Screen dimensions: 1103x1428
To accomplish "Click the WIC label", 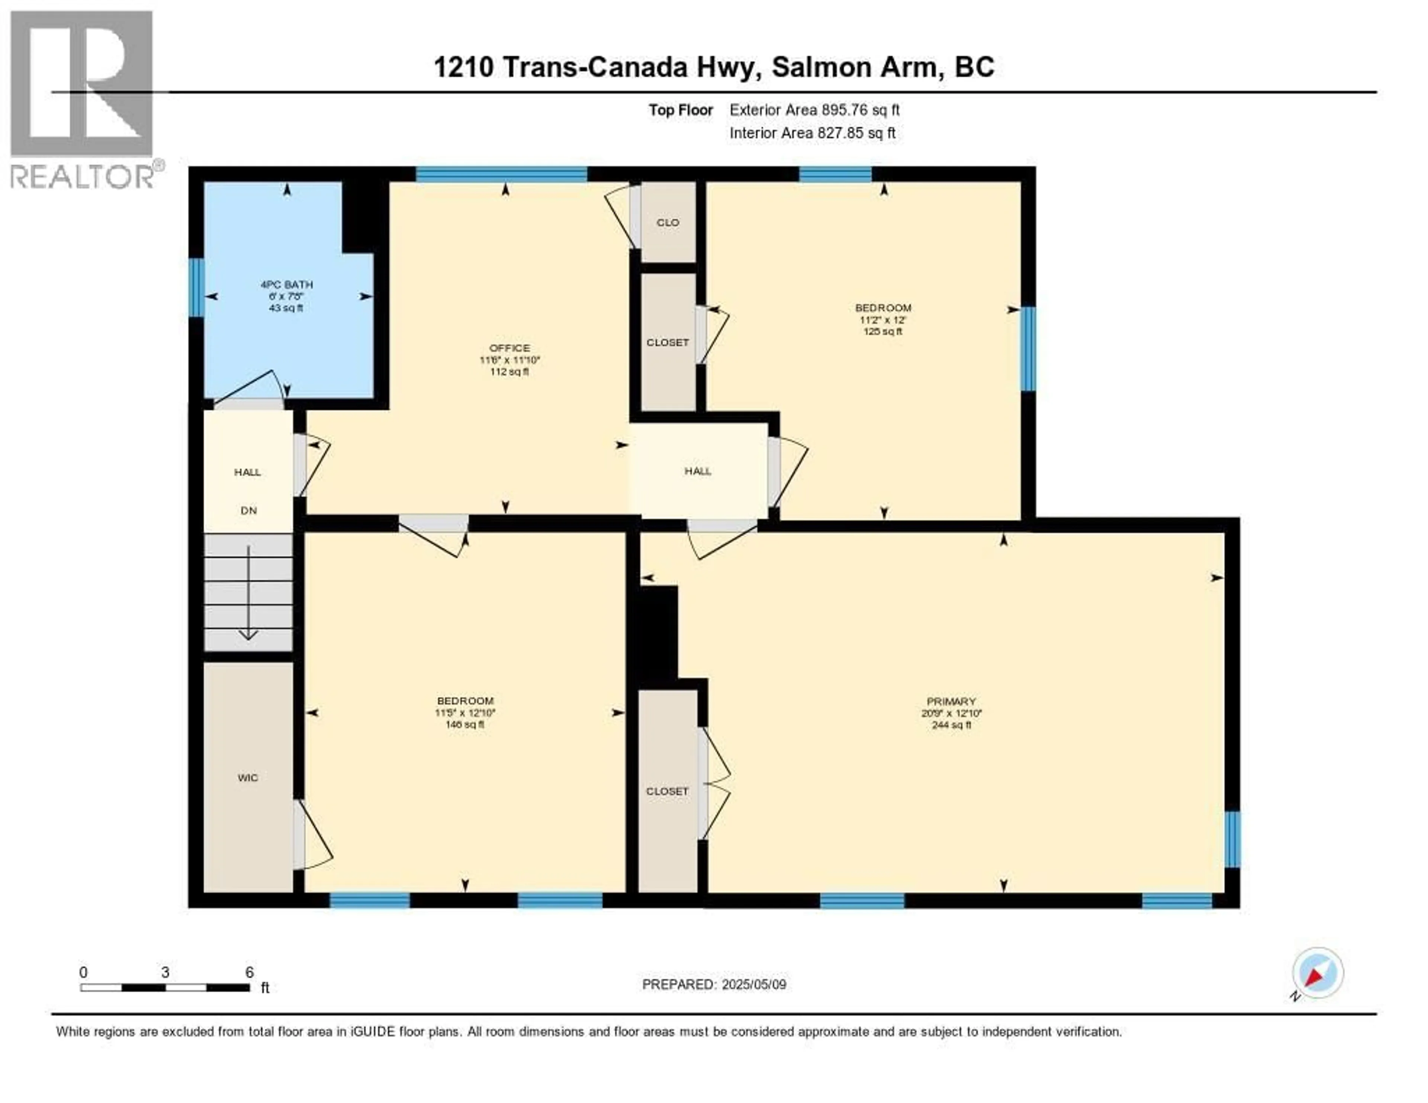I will pyautogui.click(x=248, y=777).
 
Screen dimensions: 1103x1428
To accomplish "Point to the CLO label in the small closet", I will pyautogui.click(x=668, y=222).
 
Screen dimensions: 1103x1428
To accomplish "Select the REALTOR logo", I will pyautogui.click(x=83, y=98).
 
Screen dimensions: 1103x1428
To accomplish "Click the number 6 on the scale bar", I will pyautogui.click(x=249, y=972).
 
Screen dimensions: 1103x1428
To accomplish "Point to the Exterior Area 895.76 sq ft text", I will pyautogui.click(x=814, y=110).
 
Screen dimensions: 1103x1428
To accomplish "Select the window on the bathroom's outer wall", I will pyautogui.click(x=196, y=288).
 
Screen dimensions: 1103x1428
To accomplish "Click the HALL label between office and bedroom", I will pyautogui.click(x=698, y=471).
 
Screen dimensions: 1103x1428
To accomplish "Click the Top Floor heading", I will pyautogui.click(x=680, y=110).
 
